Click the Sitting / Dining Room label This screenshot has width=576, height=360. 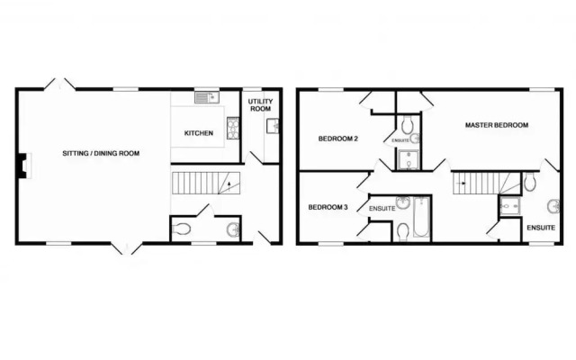[101, 153]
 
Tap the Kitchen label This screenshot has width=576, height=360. [198, 133]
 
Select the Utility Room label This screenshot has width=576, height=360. [260, 105]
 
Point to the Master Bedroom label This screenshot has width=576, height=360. [497, 125]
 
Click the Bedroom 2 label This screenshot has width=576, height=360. [338, 139]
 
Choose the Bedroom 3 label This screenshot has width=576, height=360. [328, 207]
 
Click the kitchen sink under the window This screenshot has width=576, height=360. [207, 97]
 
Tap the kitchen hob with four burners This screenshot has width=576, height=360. [233, 128]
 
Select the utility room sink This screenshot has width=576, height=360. [273, 126]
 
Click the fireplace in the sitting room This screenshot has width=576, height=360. [24, 166]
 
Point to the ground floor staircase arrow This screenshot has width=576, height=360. [229, 186]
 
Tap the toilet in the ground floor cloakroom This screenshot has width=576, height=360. [181, 229]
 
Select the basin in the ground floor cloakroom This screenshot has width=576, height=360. [233, 229]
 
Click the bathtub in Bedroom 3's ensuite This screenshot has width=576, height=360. [422, 217]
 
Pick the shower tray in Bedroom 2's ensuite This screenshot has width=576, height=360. [408, 160]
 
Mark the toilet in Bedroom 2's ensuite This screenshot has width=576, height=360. [408, 125]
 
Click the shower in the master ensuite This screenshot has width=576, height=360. [510, 207]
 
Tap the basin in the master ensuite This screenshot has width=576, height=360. [553, 206]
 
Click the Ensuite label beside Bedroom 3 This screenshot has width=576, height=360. [382, 209]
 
